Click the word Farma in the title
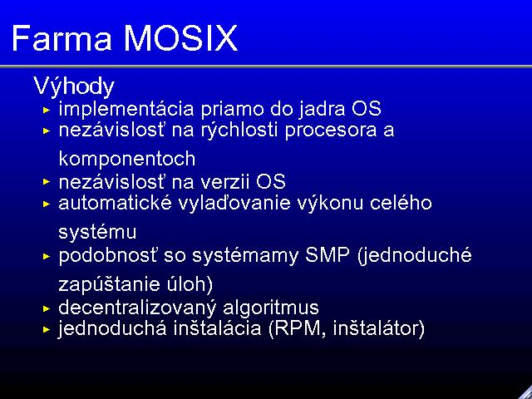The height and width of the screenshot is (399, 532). coord(62,38)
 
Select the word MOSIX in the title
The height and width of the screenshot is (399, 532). coord(180,38)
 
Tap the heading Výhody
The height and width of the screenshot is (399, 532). coord(74,86)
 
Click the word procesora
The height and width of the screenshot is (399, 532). coord(331,131)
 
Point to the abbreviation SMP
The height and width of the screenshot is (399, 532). coord(327,255)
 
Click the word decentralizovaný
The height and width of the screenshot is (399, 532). coord(137,308)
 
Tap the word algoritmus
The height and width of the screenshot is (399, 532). coord(271,308)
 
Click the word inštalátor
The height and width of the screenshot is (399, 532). coord(376,328)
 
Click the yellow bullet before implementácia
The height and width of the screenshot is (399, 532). coord(47,110)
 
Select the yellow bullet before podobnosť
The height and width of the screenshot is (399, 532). coord(47,257)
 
